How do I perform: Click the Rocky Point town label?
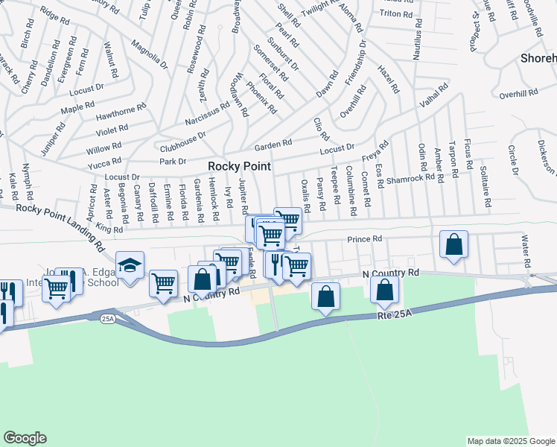(x=238, y=166)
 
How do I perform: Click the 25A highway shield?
(x=106, y=318)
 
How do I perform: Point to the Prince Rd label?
(x=365, y=239)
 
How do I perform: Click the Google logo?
(x=25, y=437)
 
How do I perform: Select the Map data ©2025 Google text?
(x=510, y=441)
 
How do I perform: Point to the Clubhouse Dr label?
(x=180, y=139)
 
